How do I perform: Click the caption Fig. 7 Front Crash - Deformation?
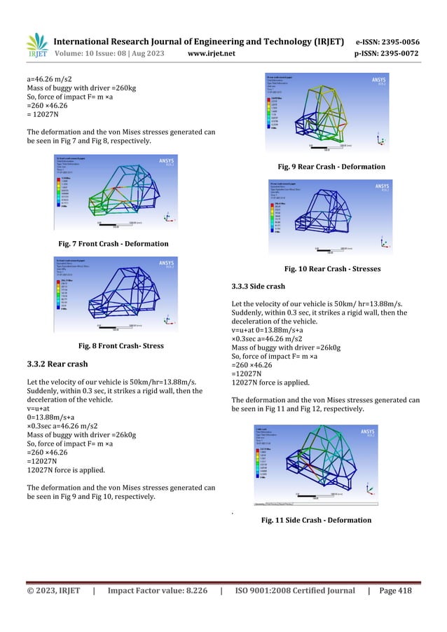[x=112, y=244]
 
